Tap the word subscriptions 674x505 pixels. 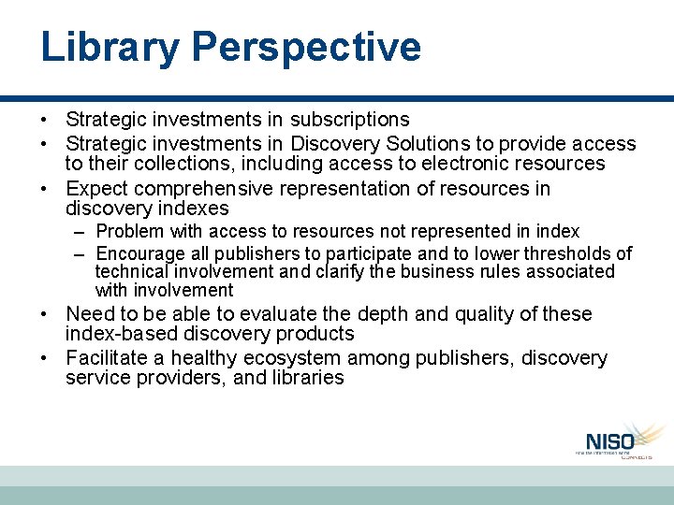click(349, 120)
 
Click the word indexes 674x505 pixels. click(193, 209)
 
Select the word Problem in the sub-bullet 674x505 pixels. click(129, 231)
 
